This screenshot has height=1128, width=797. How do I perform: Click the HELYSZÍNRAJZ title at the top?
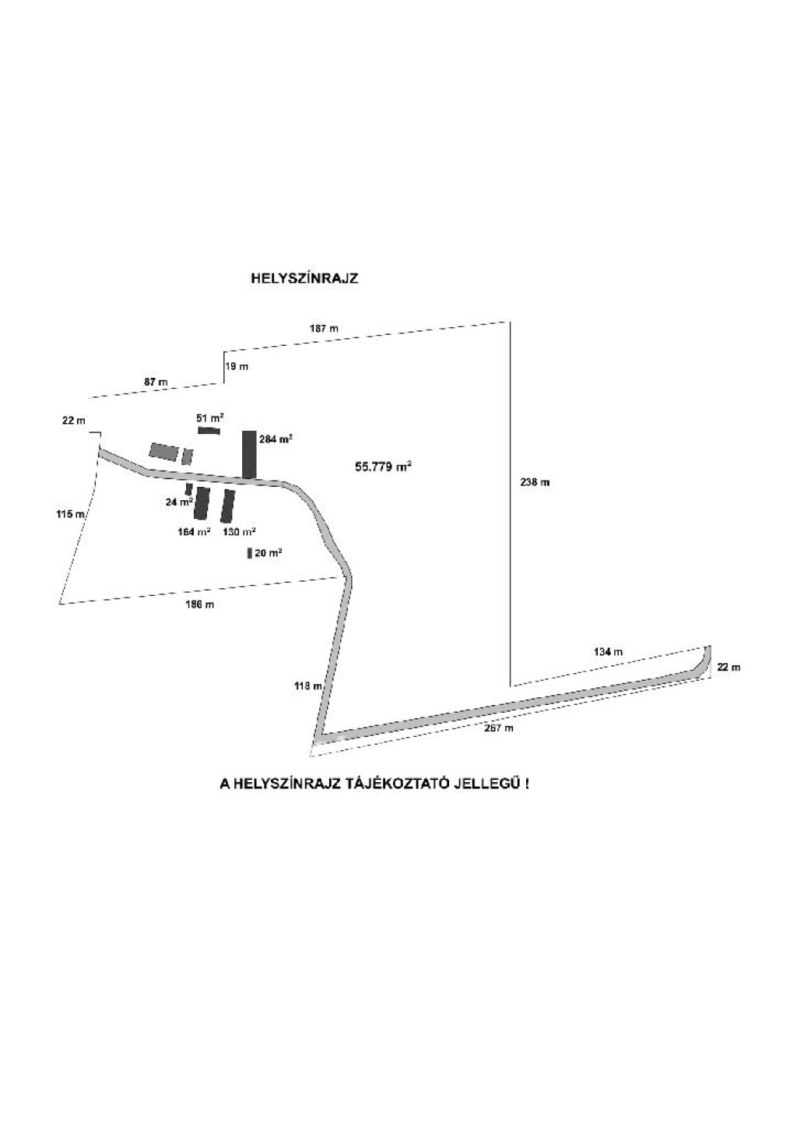point(304,278)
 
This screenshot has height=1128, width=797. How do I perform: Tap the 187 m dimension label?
point(324,329)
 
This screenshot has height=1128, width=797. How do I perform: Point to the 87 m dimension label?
point(156,382)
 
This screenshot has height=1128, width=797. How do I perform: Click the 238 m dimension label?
point(535,483)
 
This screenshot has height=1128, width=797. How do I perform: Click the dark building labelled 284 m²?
point(249,454)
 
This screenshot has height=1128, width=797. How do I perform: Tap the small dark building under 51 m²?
point(209,430)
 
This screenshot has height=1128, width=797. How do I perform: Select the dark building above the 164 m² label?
point(202,503)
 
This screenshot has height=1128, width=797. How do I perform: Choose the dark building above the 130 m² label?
point(228,506)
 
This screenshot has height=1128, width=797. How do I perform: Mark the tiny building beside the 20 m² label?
point(249,553)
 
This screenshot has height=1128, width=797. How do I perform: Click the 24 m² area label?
point(179,503)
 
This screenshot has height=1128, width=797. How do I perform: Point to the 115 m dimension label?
point(70,514)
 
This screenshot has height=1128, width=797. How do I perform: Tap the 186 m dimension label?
point(200,605)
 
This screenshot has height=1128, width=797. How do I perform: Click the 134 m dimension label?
point(607,651)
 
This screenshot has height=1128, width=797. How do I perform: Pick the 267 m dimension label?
point(498,728)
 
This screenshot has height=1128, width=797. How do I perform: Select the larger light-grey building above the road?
point(163,452)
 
